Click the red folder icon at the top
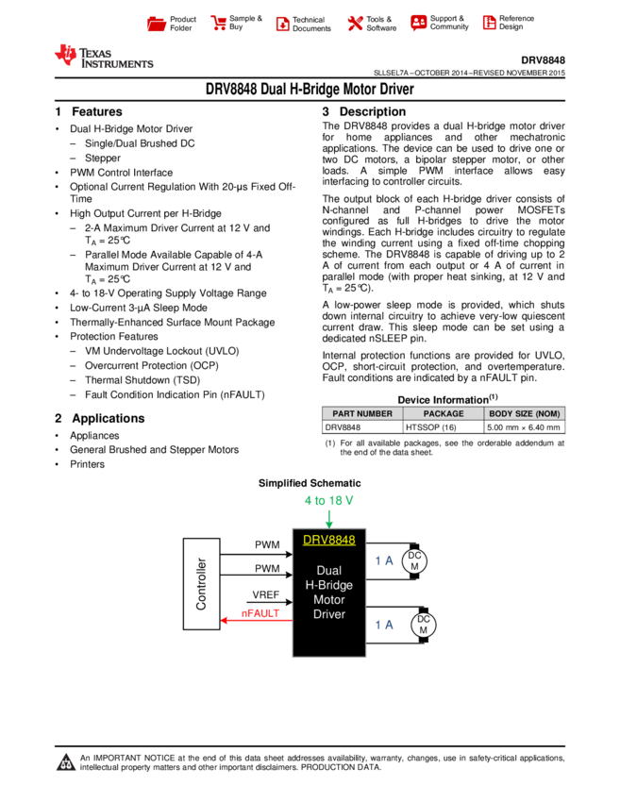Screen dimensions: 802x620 pyautogui.click(x=157, y=25)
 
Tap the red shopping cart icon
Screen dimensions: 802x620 pyautogui.click(x=219, y=24)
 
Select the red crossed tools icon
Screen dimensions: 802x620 pyautogui.click(x=355, y=24)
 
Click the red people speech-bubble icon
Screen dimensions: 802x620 pyautogui.click(x=419, y=23)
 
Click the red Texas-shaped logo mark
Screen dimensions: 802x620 pyautogui.click(x=65, y=56)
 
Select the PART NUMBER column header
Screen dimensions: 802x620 pyautogui.click(x=362, y=414)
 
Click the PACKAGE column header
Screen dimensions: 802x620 pyautogui.click(x=444, y=414)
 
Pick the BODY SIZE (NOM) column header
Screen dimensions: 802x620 pyautogui.click(x=525, y=414)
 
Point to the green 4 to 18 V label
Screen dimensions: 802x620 pyautogui.click(x=328, y=500)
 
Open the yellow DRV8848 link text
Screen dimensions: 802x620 pyautogui.click(x=329, y=541)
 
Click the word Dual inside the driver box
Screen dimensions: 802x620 pyautogui.click(x=329, y=571)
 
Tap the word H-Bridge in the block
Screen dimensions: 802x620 pyautogui.click(x=329, y=585)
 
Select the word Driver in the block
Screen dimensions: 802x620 pyautogui.click(x=329, y=614)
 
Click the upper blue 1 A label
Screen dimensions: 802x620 pyautogui.click(x=384, y=561)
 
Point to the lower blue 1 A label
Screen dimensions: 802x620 pyautogui.click(x=384, y=625)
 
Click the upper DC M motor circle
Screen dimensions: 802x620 pyautogui.click(x=414, y=561)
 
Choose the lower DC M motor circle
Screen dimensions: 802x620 pyautogui.click(x=424, y=625)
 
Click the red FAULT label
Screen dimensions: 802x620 pyautogui.click(x=262, y=612)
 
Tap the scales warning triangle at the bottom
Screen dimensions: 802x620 pyautogui.click(x=66, y=762)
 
